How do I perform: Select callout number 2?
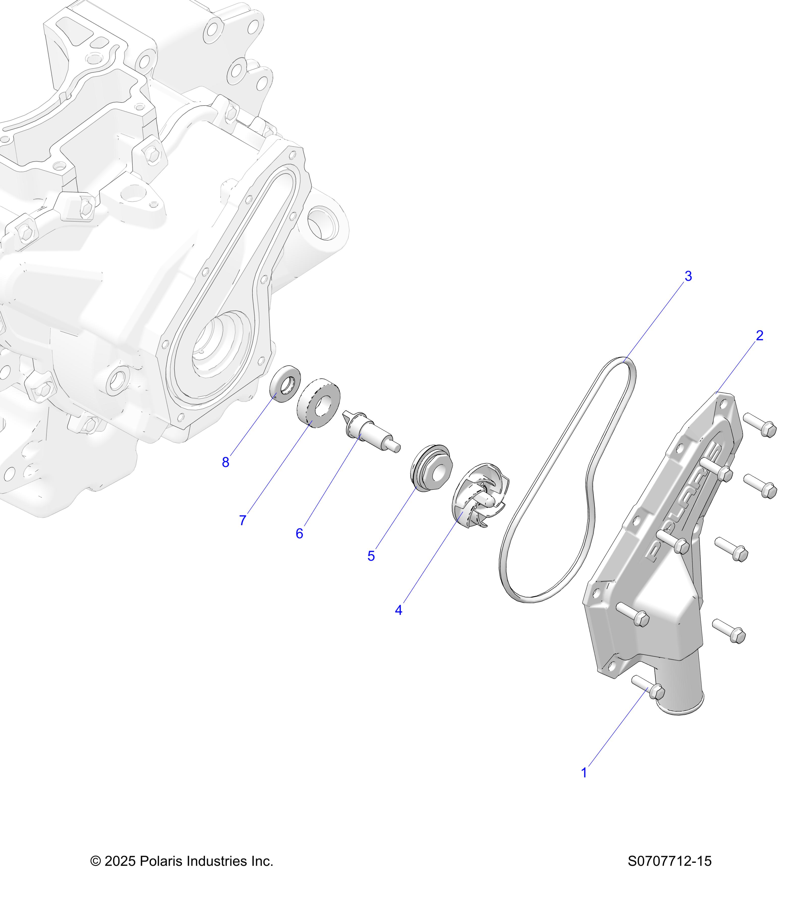pos(760,336)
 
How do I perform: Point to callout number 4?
pos(398,610)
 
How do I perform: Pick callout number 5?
pos(371,556)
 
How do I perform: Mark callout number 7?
pos(243,520)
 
